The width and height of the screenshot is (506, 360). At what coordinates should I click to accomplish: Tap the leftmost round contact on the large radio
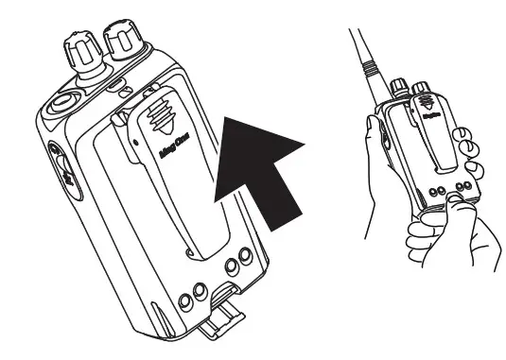[186, 301]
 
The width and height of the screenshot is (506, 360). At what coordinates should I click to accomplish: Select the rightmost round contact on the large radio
[245, 256]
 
